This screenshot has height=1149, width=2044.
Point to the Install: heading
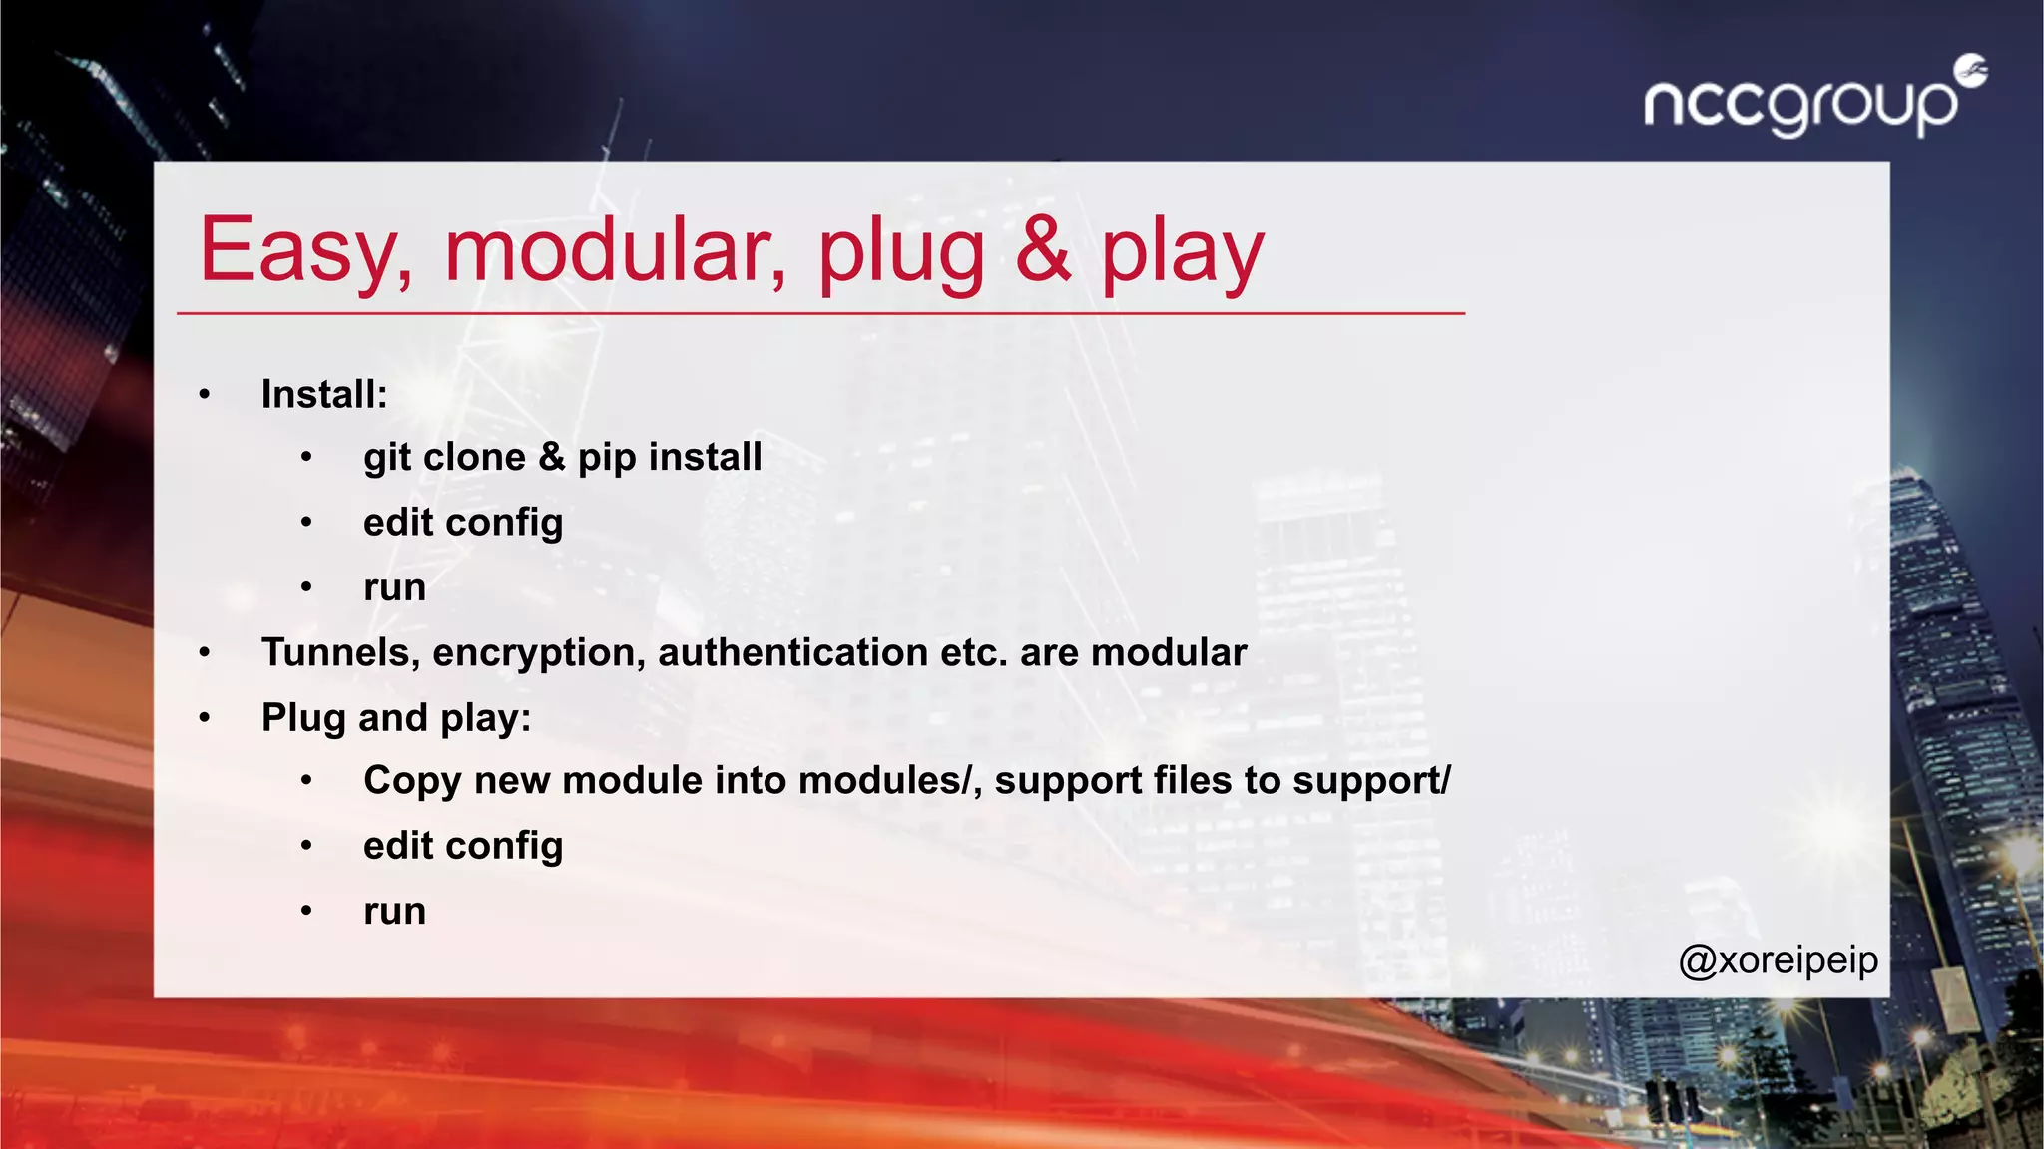(324, 394)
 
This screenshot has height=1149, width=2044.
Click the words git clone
(444, 457)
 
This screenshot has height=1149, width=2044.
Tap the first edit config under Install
(463, 523)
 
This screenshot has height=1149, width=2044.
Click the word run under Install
(395, 587)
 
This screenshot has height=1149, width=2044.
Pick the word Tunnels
(339, 653)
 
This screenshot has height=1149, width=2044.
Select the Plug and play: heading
(396, 718)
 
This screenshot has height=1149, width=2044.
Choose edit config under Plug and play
(463, 846)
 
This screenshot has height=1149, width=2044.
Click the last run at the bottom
(395, 911)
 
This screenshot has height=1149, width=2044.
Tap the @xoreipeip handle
(1779, 960)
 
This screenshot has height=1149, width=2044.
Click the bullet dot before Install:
(205, 395)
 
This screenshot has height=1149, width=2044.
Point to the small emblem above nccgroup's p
(1971, 70)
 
